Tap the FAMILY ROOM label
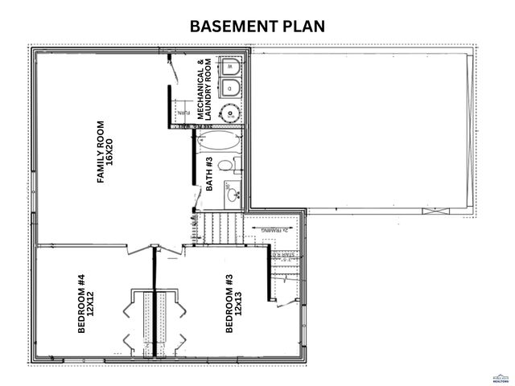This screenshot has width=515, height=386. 101,153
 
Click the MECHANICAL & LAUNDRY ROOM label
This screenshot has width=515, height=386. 205,88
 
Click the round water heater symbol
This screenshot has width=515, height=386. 230,113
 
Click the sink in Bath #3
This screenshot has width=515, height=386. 232,193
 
